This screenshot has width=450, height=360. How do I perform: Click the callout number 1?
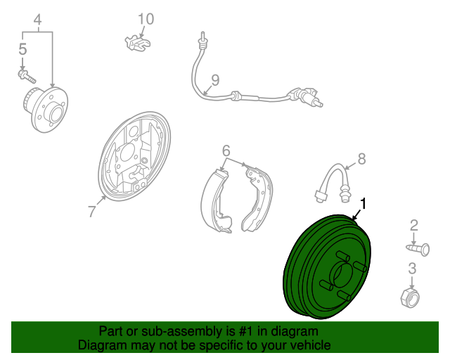[x=364, y=204]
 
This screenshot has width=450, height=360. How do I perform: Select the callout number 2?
[x=414, y=226]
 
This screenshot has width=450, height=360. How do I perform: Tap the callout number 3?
[x=412, y=269]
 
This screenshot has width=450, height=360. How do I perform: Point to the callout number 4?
[x=37, y=20]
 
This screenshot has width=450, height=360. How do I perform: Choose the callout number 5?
[x=22, y=49]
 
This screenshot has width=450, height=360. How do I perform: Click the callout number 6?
[x=226, y=150]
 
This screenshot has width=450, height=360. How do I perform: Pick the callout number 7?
[x=91, y=212]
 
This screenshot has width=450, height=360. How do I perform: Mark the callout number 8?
[x=361, y=159]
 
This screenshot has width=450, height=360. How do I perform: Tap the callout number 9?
[x=215, y=80]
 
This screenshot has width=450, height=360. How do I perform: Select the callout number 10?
[x=146, y=19]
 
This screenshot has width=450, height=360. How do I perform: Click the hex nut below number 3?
[x=410, y=297]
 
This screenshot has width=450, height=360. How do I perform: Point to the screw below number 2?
[x=418, y=249]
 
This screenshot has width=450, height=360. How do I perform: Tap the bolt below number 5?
[x=27, y=76]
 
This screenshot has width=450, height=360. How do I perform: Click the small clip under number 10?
[x=138, y=43]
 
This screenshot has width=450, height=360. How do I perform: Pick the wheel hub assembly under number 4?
[x=45, y=110]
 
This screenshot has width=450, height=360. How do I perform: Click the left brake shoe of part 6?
[x=216, y=201]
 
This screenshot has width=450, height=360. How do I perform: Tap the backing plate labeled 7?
[x=134, y=157]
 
